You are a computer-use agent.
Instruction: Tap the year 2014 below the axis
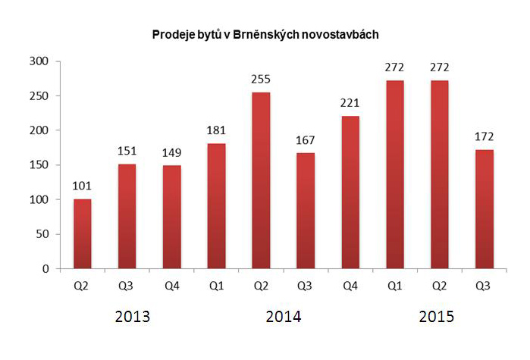pyautogui.click(x=284, y=317)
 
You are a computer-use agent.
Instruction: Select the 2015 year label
pyautogui.click(x=437, y=317)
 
